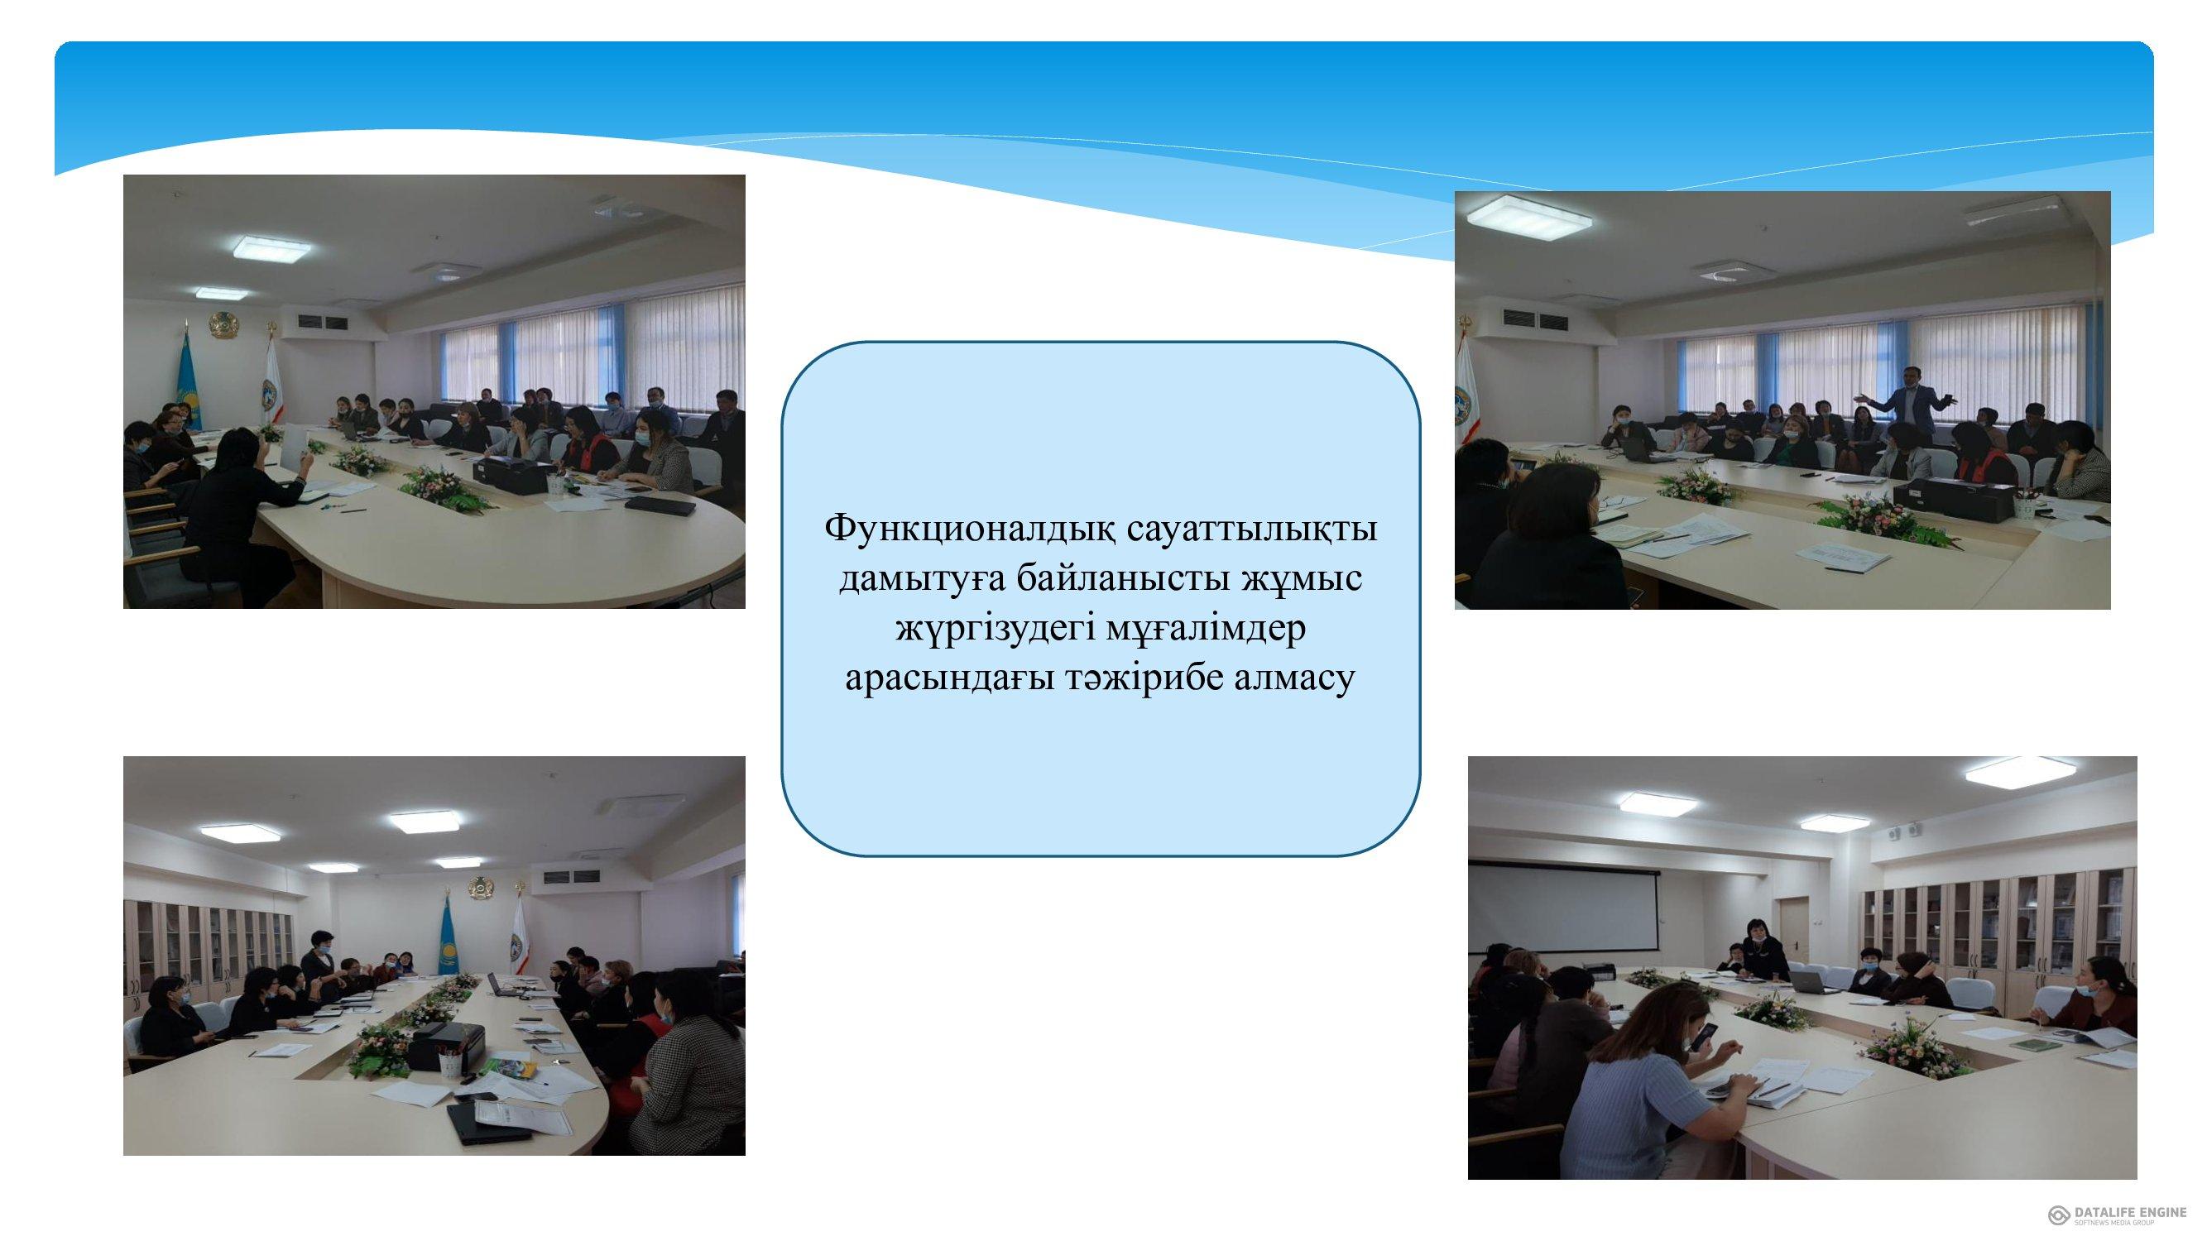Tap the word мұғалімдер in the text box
(1207, 630)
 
